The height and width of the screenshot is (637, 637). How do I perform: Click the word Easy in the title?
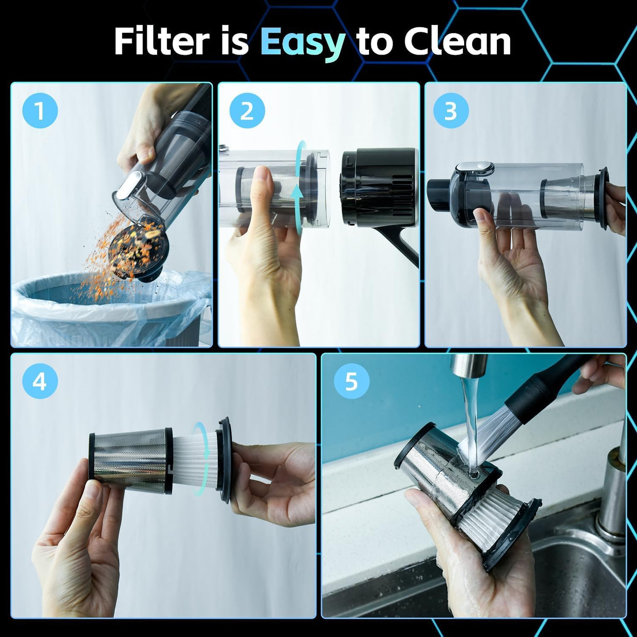[303, 43]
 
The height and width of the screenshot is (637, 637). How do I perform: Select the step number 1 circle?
[40, 111]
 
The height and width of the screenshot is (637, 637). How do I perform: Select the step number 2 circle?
[247, 111]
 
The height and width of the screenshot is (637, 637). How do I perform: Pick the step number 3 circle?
[451, 111]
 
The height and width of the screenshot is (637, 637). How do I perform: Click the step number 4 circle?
[40, 382]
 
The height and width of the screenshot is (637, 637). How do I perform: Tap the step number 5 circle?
[351, 382]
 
